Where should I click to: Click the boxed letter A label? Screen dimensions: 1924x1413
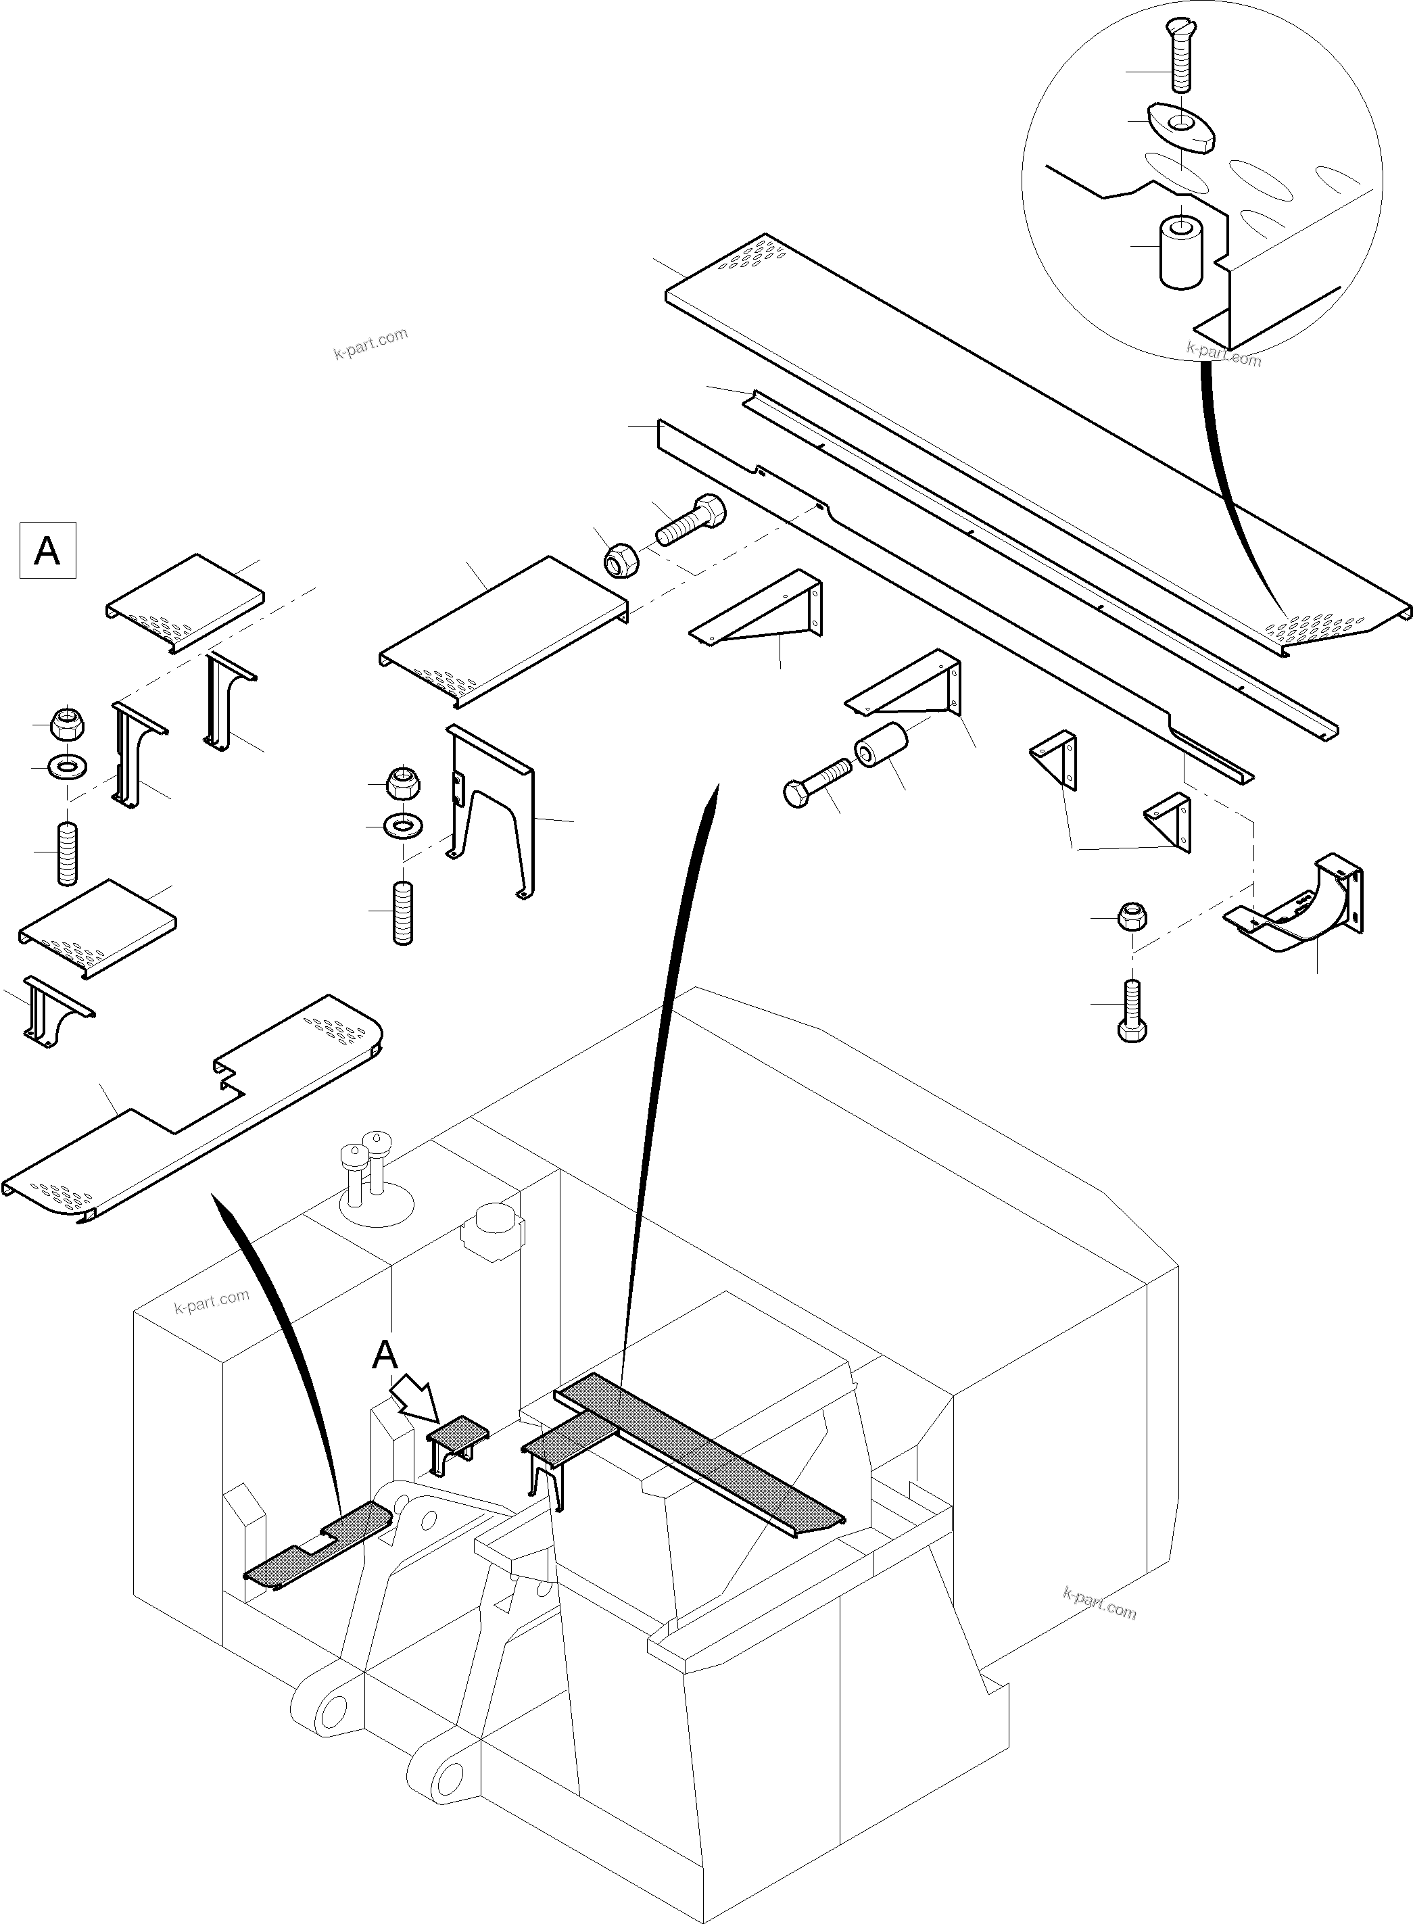click(47, 550)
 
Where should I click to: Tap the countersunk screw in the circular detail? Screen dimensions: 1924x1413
click(1180, 56)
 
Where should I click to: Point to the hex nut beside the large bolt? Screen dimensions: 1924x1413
click(617, 562)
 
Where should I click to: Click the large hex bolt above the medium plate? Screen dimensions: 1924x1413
click(691, 520)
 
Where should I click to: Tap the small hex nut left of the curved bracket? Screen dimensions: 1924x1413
click(1132, 917)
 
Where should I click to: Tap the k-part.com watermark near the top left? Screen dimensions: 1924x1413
click(370, 343)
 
